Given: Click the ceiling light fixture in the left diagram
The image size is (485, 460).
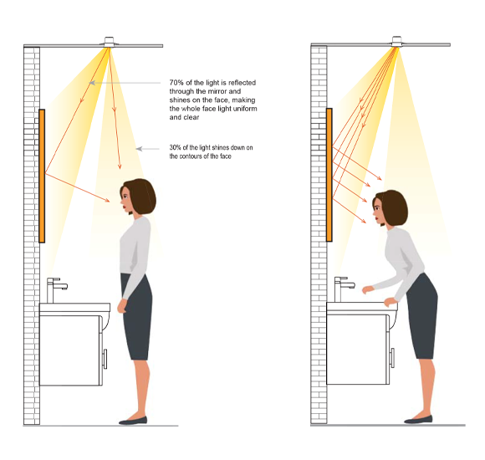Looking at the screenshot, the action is pos(109,42).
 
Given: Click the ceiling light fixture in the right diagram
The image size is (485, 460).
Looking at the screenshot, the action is pos(396,42).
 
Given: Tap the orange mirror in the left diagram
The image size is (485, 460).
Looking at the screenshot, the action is pos(42,176).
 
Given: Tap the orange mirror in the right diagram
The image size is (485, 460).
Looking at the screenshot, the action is pos(329,175).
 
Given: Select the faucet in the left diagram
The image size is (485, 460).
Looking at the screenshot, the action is pos(55,290).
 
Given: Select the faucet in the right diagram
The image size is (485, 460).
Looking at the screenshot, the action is pos(343,289).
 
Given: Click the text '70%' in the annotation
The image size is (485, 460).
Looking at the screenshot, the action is pos(176,83).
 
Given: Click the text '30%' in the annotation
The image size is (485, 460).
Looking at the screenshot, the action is pos(175,147).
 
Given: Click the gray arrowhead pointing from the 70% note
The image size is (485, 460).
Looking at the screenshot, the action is pos(92,83).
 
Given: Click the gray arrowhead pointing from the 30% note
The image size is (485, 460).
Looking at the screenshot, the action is pos(139,149).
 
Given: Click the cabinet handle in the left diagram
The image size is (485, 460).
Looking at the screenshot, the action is pos(105,359).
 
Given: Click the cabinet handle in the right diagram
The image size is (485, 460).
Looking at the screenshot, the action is pos(392,358).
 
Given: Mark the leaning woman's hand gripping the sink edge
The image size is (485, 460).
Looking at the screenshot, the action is pos(391,302).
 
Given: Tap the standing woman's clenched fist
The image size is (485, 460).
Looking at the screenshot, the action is pos(122,306).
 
